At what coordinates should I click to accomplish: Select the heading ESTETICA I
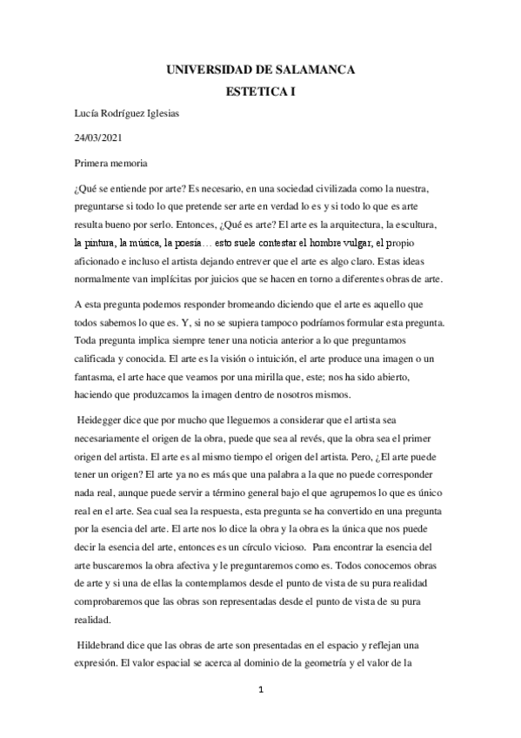click(x=261, y=90)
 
